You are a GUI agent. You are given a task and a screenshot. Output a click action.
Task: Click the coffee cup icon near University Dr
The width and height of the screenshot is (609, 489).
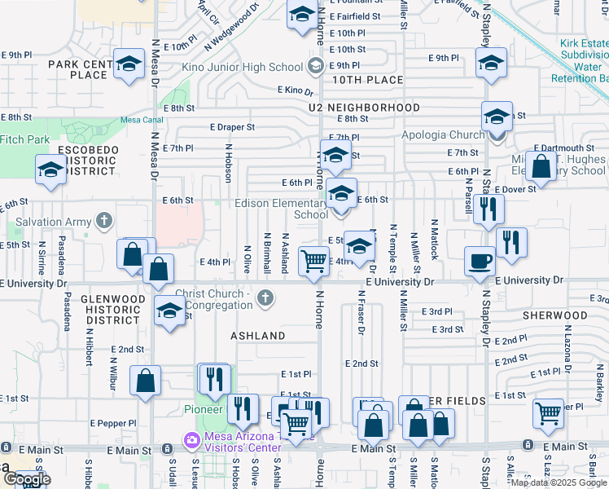click(480, 260)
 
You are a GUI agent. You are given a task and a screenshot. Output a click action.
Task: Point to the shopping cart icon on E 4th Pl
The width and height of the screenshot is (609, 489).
click(313, 261)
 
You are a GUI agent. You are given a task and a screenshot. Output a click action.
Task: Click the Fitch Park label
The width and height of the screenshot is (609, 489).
click(24, 139)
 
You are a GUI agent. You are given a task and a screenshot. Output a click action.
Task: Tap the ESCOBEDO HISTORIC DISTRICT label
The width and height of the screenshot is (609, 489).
click(83, 161)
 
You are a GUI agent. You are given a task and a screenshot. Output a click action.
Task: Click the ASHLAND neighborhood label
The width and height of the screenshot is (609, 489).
click(257, 336)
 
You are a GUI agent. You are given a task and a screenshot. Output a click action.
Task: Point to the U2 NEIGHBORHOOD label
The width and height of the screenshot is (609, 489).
click(364, 108)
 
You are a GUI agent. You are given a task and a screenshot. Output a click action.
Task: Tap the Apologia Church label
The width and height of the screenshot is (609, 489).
click(443, 135)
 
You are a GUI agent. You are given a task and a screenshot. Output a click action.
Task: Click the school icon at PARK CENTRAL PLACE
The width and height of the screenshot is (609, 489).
click(129, 64)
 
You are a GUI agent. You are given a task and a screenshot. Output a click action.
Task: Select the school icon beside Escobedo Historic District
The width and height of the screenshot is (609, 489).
click(50, 169)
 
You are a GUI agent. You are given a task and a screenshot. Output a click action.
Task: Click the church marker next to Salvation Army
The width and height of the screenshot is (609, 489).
click(103, 221)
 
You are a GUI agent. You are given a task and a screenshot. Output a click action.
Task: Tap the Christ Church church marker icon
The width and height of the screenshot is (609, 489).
click(265, 299)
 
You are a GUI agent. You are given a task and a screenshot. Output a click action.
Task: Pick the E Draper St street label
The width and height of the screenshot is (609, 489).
click(232, 127)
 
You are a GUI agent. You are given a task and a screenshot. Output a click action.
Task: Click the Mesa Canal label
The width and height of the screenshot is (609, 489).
click(137, 120)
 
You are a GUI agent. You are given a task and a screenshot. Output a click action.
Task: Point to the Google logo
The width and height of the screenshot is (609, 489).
click(27, 479)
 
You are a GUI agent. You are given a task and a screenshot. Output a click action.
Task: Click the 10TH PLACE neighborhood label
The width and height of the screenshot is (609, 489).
click(368, 80)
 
